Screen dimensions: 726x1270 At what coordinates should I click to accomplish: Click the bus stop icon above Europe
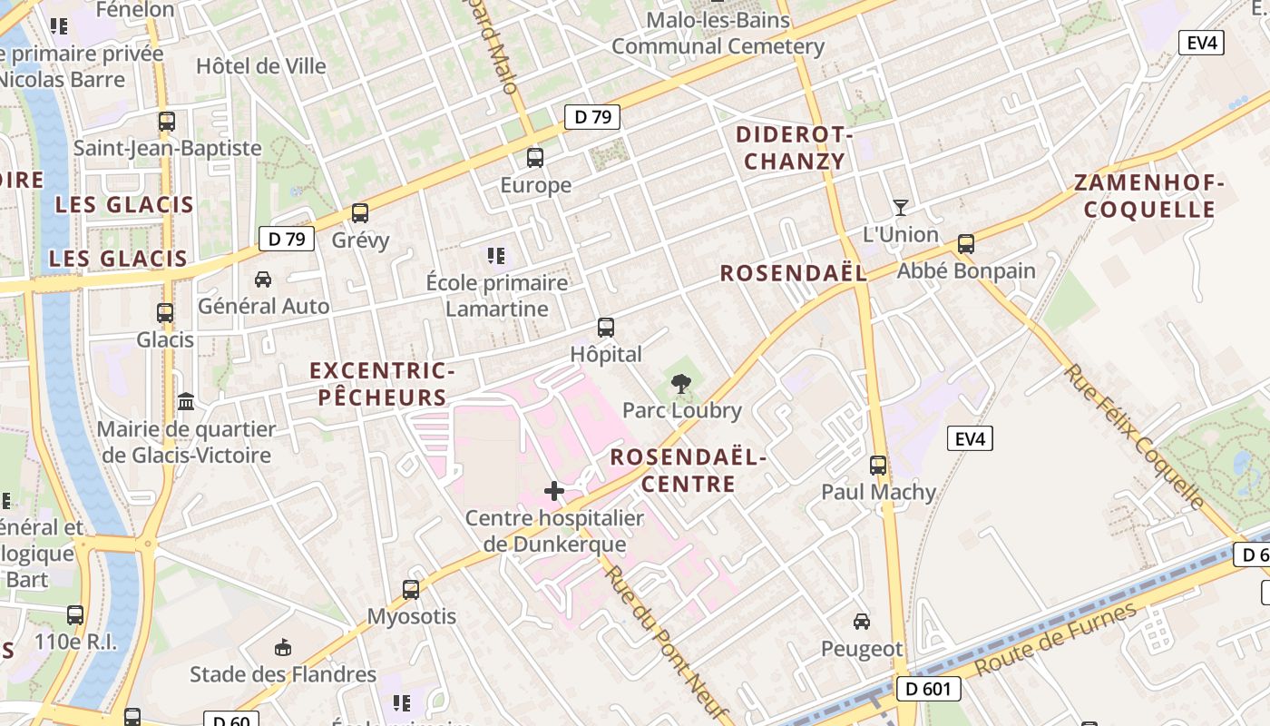[x=535, y=158]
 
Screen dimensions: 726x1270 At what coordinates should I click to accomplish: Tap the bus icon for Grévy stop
[x=360, y=213]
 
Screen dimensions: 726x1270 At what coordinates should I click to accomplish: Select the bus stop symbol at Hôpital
[x=606, y=328]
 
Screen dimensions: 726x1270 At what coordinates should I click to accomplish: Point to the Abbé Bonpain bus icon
[x=966, y=244]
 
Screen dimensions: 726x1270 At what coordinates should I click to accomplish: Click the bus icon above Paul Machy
[x=878, y=466]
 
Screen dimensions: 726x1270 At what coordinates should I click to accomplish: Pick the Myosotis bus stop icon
[x=411, y=590]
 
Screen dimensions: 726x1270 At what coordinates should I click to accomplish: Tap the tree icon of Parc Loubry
[x=681, y=384]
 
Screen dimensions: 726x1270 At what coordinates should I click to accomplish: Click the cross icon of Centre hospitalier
[x=554, y=492]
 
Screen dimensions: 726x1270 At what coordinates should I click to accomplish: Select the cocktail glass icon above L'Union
[x=900, y=208]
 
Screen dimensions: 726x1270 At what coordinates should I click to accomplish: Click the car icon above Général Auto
[x=263, y=280]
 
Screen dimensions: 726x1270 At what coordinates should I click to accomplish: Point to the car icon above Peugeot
[x=862, y=622]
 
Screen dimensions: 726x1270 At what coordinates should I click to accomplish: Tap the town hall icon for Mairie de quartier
[x=186, y=401]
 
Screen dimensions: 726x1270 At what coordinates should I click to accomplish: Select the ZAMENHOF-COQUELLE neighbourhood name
[x=1149, y=196]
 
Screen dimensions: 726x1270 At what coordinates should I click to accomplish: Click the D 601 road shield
[x=929, y=689]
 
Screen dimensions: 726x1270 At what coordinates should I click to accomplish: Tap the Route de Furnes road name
[x=1056, y=639]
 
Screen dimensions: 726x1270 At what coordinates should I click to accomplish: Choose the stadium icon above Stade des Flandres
[x=283, y=647]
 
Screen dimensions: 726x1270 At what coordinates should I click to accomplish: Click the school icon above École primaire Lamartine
[x=495, y=256]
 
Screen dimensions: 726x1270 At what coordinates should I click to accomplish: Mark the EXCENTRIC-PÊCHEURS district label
[x=381, y=384]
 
